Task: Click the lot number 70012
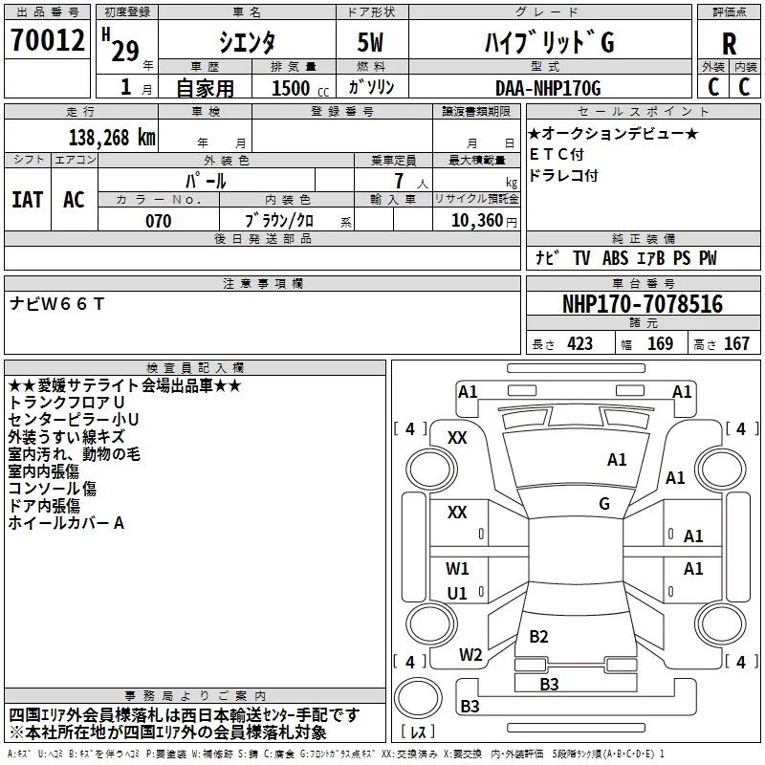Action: tap(47, 40)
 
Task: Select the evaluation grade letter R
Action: tap(729, 44)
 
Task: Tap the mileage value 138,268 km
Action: tap(112, 138)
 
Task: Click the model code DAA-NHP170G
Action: tap(548, 88)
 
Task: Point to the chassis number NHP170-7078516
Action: tap(643, 304)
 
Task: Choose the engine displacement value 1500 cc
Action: tap(300, 88)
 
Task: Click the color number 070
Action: tap(159, 221)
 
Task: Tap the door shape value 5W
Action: tap(370, 42)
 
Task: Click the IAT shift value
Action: tap(28, 200)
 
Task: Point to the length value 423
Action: tap(579, 344)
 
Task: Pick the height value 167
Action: tap(736, 344)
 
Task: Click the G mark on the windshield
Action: tap(604, 504)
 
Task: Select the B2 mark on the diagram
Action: tap(538, 636)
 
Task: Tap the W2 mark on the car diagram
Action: tap(470, 655)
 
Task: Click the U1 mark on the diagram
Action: tap(457, 593)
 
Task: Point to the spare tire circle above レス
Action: tap(418, 698)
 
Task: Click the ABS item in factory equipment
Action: tap(615, 258)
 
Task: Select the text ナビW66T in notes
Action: tap(56, 304)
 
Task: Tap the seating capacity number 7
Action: tap(399, 181)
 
